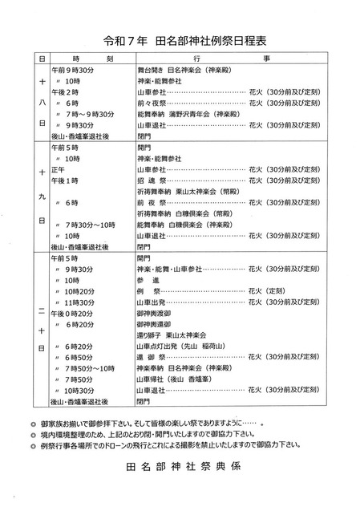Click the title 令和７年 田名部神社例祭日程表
[x=179, y=39]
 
